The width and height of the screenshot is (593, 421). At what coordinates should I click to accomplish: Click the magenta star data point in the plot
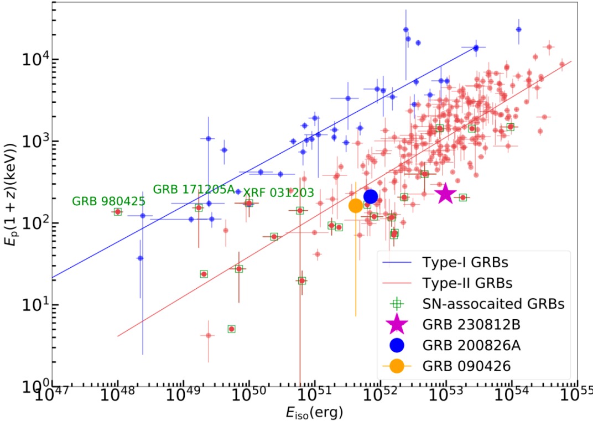[x=445, y=194]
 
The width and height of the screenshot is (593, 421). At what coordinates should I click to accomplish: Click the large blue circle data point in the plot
[x=371, y=196]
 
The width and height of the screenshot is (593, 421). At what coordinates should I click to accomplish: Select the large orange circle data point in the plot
[x=356, y=206]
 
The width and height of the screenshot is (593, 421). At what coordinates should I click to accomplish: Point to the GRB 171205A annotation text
[x=194, y=189]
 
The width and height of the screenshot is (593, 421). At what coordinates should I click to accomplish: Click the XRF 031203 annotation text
[x=279, y=193]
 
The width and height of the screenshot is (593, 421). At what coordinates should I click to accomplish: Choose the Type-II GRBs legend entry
[x=467, y=283]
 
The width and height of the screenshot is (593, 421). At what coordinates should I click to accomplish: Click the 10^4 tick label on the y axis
[x=35, y=59]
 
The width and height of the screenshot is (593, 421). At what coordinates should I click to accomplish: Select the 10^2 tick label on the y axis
[x=35, y=223]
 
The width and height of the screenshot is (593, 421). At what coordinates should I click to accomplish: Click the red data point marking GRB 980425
[x=118, y=212]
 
